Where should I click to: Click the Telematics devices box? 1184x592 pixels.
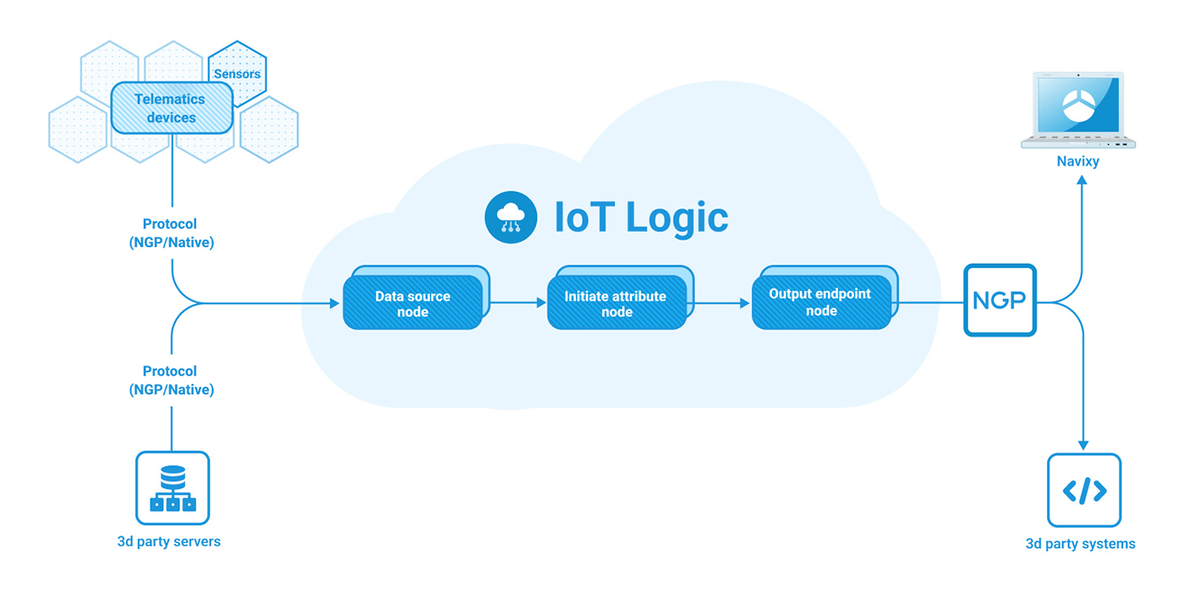click(x=171, y=108)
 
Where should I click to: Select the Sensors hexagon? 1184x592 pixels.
click(x=238, y=74)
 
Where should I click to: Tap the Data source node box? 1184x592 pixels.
click(x=412, y=304)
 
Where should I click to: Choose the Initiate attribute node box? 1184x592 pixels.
click(x=616, y=304)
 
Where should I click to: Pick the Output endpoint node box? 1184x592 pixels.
click(x=820, y=302)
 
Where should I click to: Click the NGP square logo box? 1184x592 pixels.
click(x=1000, y=300)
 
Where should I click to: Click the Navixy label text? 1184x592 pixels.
click(x=1078, y=161)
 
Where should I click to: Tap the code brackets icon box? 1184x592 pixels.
click(x=1083, y=491)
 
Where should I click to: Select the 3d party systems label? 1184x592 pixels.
click(x=1080, y=544)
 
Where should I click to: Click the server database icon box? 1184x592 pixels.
click(x=173, y=488)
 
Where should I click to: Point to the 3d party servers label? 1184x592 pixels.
click(x=168, y=541)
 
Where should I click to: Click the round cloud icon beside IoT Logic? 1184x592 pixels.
click(x=511, y=217)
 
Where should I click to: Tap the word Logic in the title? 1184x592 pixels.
click(x=677, y=217)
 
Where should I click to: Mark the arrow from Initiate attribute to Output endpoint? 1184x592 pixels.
click(x=721, y=302)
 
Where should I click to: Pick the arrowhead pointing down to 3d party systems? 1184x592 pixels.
click(x=1083, y=445)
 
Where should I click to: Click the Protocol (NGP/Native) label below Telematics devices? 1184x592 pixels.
click(x=171, y=233)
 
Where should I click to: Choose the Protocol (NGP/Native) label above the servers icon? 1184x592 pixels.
click(x=171, y=381)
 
